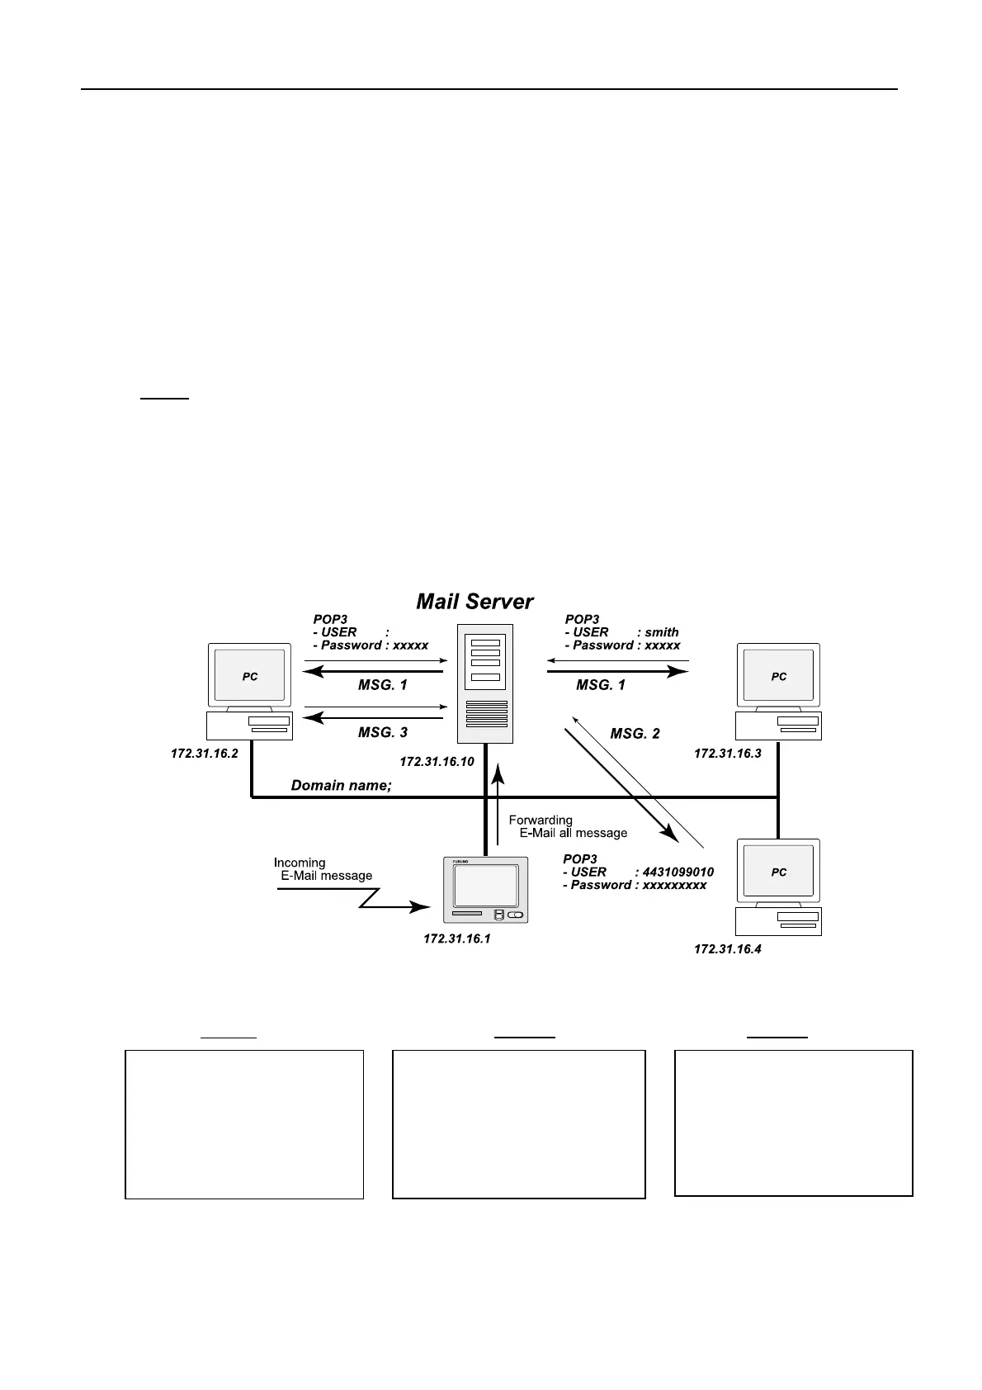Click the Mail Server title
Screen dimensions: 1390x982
[x=474, y=602]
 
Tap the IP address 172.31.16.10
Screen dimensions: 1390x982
[x=437, y=762]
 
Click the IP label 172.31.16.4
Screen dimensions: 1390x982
[x=727, y=950]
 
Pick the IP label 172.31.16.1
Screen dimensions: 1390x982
[x=456, y=939]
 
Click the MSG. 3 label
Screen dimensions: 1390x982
[x=382, y=732]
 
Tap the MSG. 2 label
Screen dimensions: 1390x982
[x=635, y=734]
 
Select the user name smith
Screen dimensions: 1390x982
[x=662, y=632]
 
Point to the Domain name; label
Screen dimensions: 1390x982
[x=341, y=786]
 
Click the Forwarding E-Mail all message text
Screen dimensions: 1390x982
[x=568, y=826]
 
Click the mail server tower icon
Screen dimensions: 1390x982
[x=485, y=683]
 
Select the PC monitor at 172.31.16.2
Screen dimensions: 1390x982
[x=249, y=676]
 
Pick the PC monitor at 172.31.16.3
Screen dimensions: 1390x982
[x=778, y=676]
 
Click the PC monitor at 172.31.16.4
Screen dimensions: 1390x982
[x=778, y=872]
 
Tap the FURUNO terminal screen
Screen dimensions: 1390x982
[x=485, y=886]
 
